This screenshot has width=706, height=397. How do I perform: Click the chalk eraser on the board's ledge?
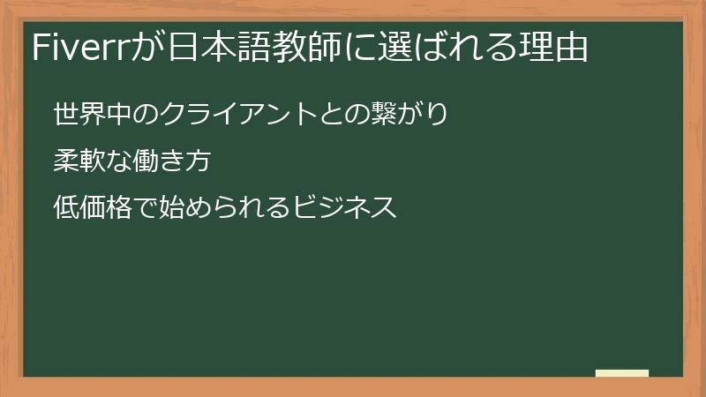click(621, 373)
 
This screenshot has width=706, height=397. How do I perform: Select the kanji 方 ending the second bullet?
click(201, 161)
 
